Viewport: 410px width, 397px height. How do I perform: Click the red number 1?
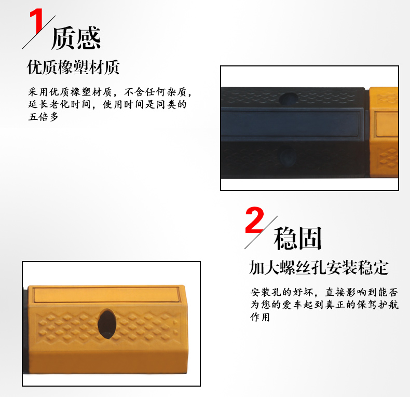(x=37, y=20)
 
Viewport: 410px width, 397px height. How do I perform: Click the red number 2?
(x=254, y=220)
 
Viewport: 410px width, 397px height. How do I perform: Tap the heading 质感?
(x=76, y=38)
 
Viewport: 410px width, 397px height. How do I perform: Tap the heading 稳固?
(x=297, y=238)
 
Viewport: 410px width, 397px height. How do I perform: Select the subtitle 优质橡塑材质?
(x=73, y=67)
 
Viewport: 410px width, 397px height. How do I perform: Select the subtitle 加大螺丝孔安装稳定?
(x=319, y=267)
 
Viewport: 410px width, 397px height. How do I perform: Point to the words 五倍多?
(x=43, y=117)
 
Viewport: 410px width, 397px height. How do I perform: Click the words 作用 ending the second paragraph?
(x=260, y=317)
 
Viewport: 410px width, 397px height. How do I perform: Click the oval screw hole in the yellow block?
(x=107, y=324)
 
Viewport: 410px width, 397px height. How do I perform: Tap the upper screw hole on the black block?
(x=289, y=99)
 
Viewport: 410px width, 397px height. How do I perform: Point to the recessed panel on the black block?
(x=290, y=124)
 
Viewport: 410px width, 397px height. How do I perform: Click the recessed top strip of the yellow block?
(x=106, y=294)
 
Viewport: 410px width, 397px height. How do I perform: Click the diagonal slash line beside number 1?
(x=39, y=32)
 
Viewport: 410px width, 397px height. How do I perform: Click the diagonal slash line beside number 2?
(x=261, y=232)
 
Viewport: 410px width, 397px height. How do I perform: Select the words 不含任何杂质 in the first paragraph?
(x=155, y=92)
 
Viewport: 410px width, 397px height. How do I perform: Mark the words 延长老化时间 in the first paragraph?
(x=59, y=104)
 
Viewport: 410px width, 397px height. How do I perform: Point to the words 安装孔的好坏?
(x=281, y=292)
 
